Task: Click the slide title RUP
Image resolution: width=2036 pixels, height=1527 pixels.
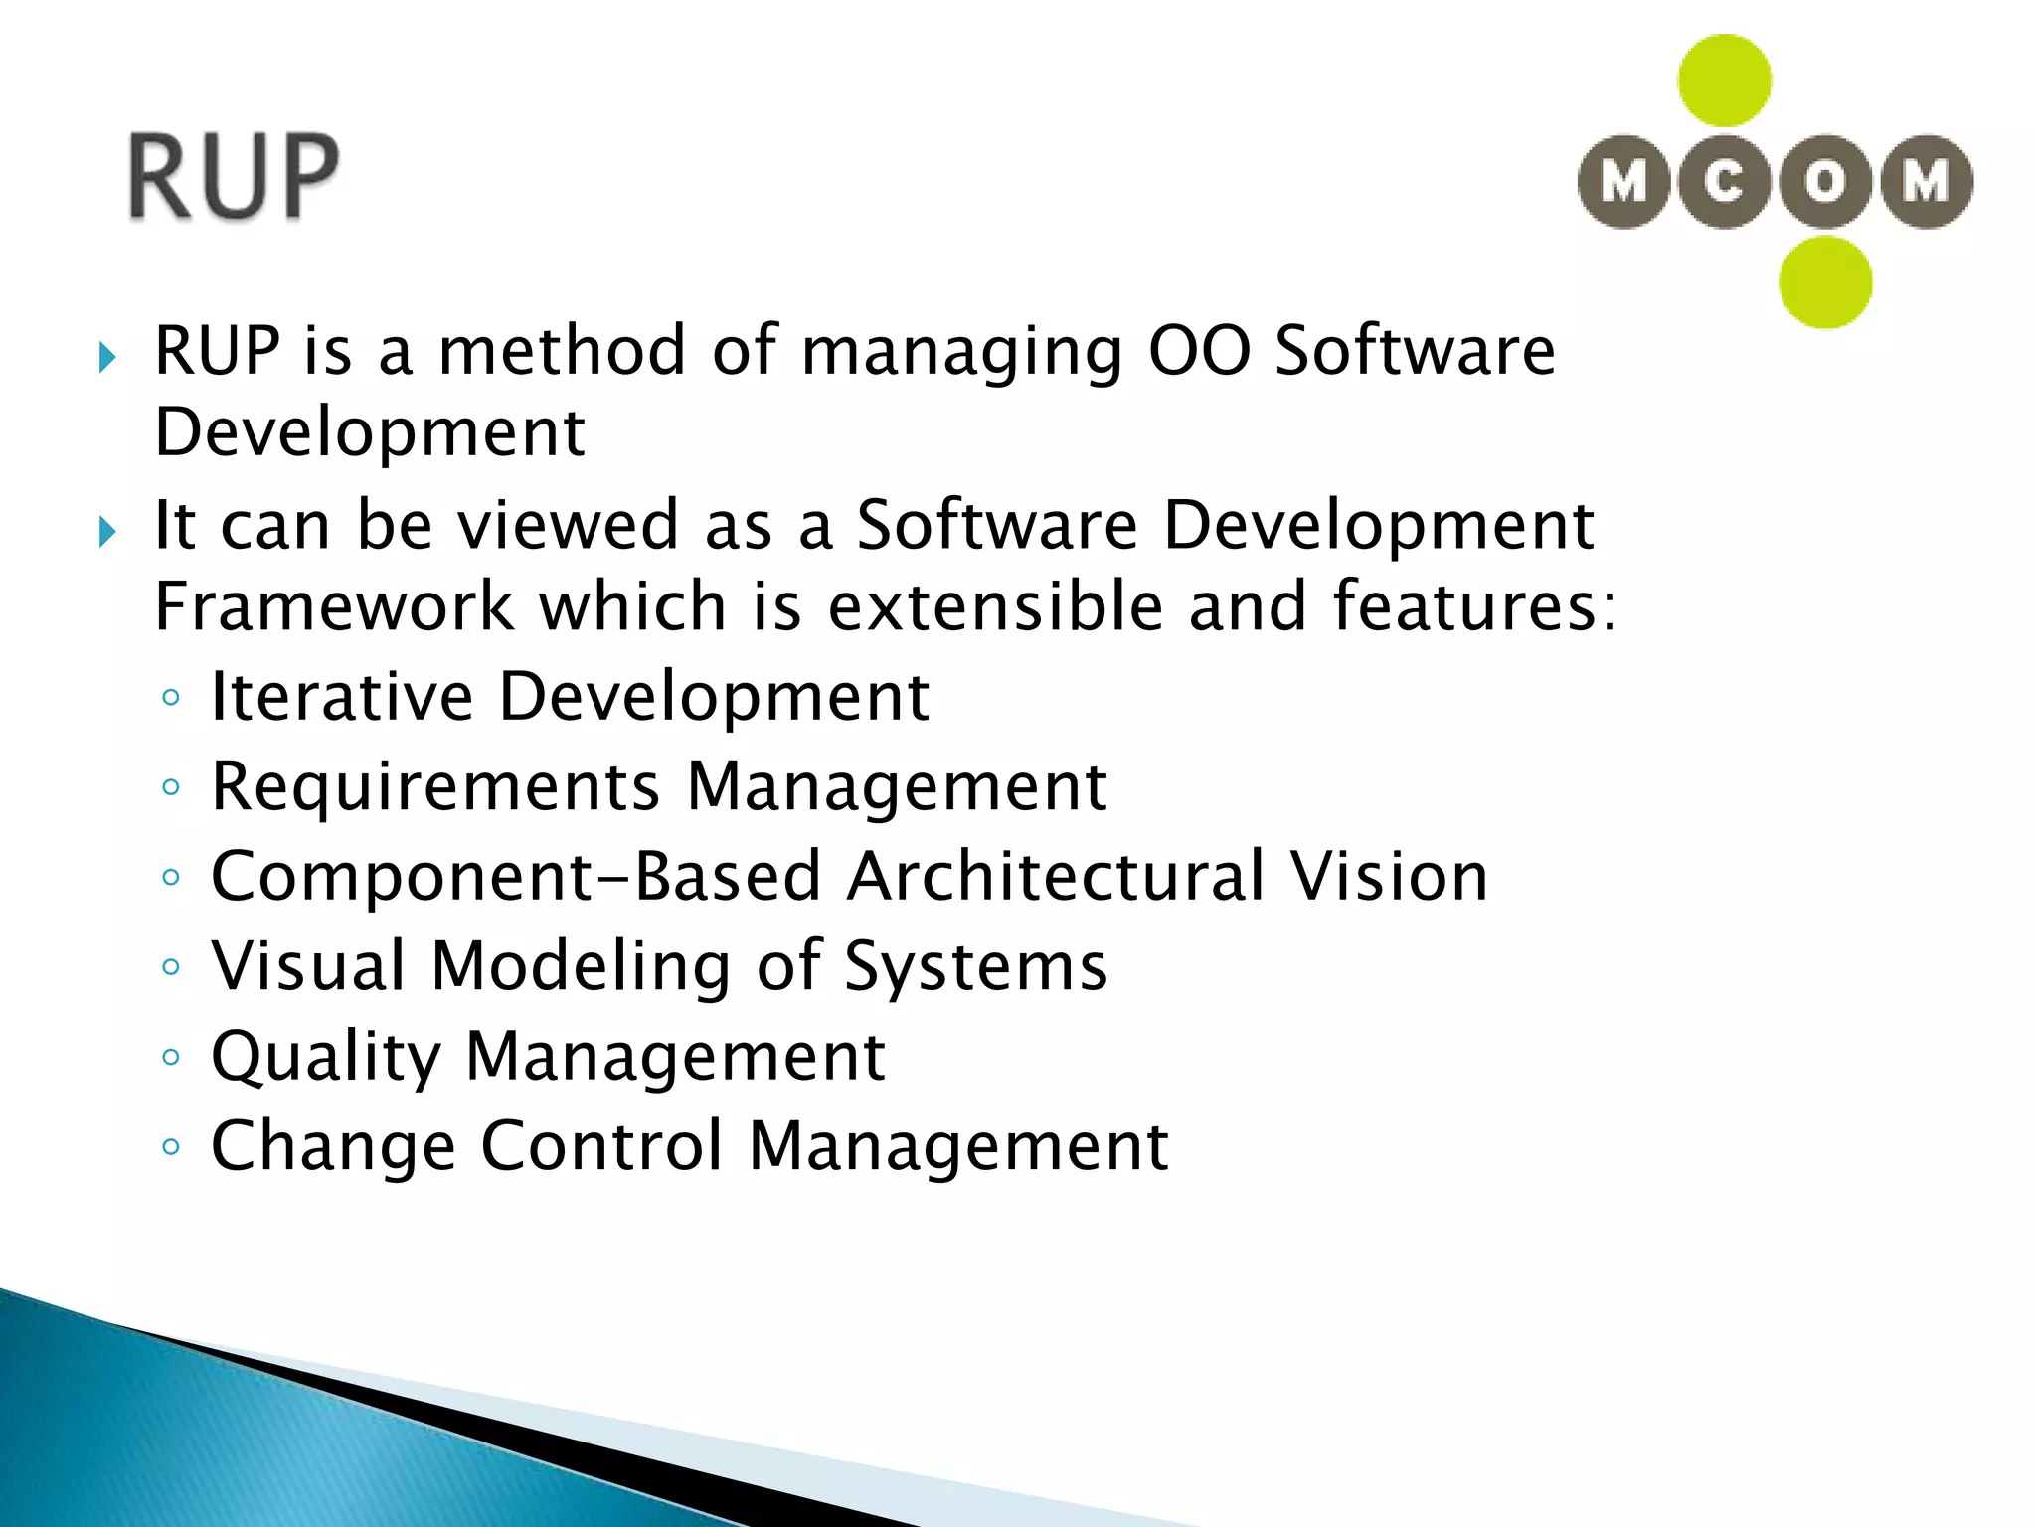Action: pos(235,176)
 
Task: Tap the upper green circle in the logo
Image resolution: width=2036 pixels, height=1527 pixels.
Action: pos(1724,81)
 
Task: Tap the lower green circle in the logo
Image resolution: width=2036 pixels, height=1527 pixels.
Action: pos(1825,282)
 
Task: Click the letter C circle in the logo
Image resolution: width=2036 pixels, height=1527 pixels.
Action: pos(1724,182)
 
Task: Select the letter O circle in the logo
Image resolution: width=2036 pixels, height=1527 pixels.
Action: pos(1825,182)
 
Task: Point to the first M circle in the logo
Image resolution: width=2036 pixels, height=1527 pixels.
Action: pos(1623,182)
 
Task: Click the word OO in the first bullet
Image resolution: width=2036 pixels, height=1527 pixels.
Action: pos(1199,351)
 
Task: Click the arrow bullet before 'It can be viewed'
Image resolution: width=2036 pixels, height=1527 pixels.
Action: pos(107,532)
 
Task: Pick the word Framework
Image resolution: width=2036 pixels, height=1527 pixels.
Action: pos(334,606)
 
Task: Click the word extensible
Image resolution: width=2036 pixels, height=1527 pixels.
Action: pos(995,606)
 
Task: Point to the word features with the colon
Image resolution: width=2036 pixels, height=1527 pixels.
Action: pos(1474,606)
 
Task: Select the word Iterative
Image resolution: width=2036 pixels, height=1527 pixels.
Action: pos(342,696)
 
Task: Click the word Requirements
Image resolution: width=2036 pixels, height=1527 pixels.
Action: pos(435,786)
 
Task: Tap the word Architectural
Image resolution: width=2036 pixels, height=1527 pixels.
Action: pos(1056,877)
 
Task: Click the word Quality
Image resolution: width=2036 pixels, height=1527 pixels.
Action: pos(326,1057)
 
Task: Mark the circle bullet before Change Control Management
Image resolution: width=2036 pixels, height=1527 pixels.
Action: pos(171,1146)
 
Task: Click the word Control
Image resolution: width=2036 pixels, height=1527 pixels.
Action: pos(601,1146)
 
